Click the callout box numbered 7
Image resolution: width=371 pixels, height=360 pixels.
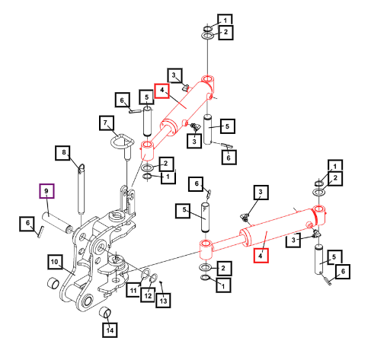pos(107,123)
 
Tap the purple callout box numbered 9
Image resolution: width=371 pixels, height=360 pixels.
pos(46,191)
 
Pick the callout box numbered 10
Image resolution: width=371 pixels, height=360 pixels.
pos(55,262)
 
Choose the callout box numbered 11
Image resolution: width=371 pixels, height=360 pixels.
pos(133,290)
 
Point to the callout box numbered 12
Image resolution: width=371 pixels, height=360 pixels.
pos(148,295)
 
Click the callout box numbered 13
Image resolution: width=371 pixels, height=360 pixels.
pos(163,300)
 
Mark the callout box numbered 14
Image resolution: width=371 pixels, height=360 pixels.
pos(110,330)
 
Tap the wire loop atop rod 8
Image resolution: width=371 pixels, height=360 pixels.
pos(82,167)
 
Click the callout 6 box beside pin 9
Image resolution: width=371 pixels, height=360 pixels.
pos(27,224)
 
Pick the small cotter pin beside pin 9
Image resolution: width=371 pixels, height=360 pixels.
pos(41,231)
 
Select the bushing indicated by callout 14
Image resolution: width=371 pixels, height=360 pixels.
pos(105,312)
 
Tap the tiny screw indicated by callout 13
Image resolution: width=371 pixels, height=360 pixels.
pos(161,282)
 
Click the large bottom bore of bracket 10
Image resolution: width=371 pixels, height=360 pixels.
pos(88,301)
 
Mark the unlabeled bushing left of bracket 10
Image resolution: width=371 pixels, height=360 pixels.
pos(53,283)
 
